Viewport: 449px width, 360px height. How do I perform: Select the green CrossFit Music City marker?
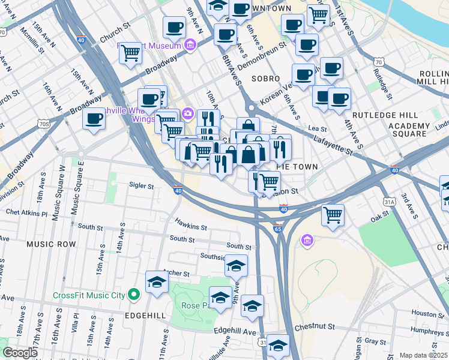[x=134, y=295]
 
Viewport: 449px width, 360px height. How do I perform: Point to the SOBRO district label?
[x=265, y=79]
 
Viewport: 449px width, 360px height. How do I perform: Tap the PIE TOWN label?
[x=297, y=166]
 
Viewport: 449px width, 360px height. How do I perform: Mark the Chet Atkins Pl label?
[x=26, y=213]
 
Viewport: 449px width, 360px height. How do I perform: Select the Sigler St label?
[x=142, y=186]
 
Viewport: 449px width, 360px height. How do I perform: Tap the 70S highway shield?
[x=43, y=124]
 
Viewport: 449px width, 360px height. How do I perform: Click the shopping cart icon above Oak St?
[x=333, y=214]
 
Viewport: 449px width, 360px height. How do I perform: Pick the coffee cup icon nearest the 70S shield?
[x=94, y=118]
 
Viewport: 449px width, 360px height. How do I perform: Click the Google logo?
[x=20, y=353]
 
